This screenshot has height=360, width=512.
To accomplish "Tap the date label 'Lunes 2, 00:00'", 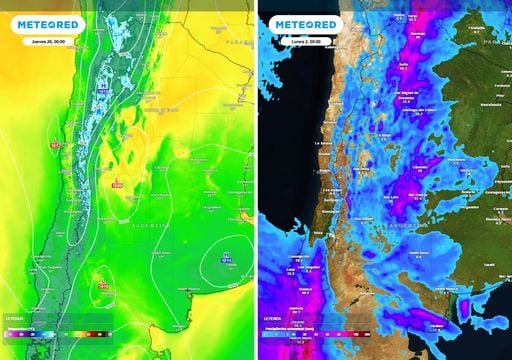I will (x=293, y=42).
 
